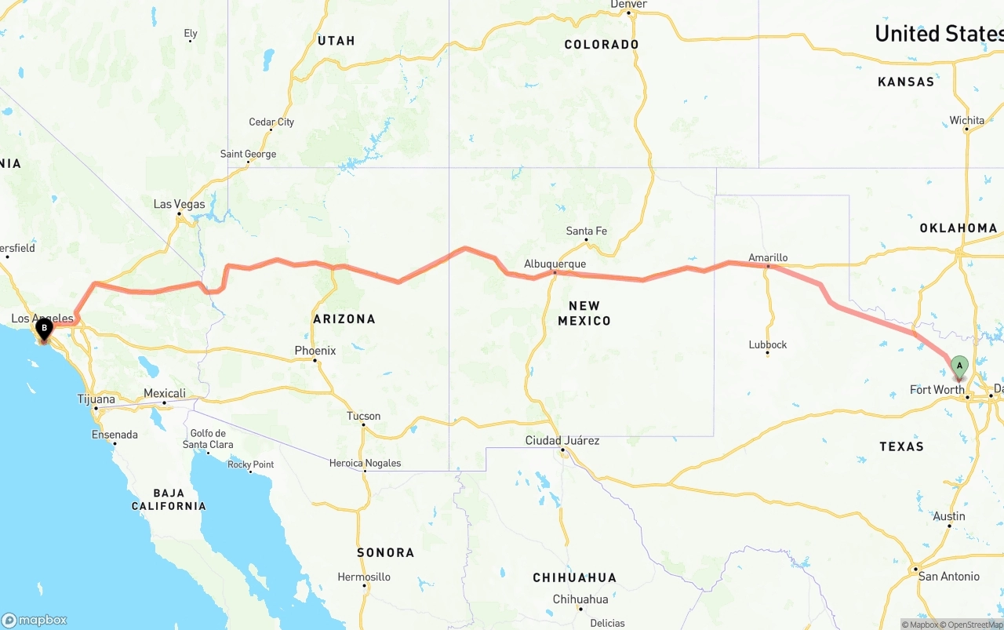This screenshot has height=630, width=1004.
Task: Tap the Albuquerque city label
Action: point(555,264)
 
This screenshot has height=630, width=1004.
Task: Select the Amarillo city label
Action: point(768,257)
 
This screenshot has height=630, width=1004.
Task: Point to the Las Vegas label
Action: point(179,204)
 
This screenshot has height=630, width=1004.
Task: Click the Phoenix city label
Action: point(315,351)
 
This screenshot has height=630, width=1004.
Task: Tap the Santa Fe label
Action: point(587,231)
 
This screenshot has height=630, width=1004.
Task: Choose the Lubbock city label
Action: point(768,344)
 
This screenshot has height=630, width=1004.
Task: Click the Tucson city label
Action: point(364,416)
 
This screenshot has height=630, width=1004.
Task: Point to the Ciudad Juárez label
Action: point(562,441)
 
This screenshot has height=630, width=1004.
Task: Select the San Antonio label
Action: point(949,576)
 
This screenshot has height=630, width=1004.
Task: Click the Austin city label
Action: point(949,516)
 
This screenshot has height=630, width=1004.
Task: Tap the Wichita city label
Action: point(966,121)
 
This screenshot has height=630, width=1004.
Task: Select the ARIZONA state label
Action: point(344,319)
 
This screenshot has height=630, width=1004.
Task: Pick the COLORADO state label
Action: point(602,45)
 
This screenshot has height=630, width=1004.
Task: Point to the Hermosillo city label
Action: point(364,577)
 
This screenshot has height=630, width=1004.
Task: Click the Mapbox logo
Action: point(35,620)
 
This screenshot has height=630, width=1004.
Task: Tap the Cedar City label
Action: point(271,122)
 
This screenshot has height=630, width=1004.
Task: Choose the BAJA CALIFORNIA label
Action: point(169,500)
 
